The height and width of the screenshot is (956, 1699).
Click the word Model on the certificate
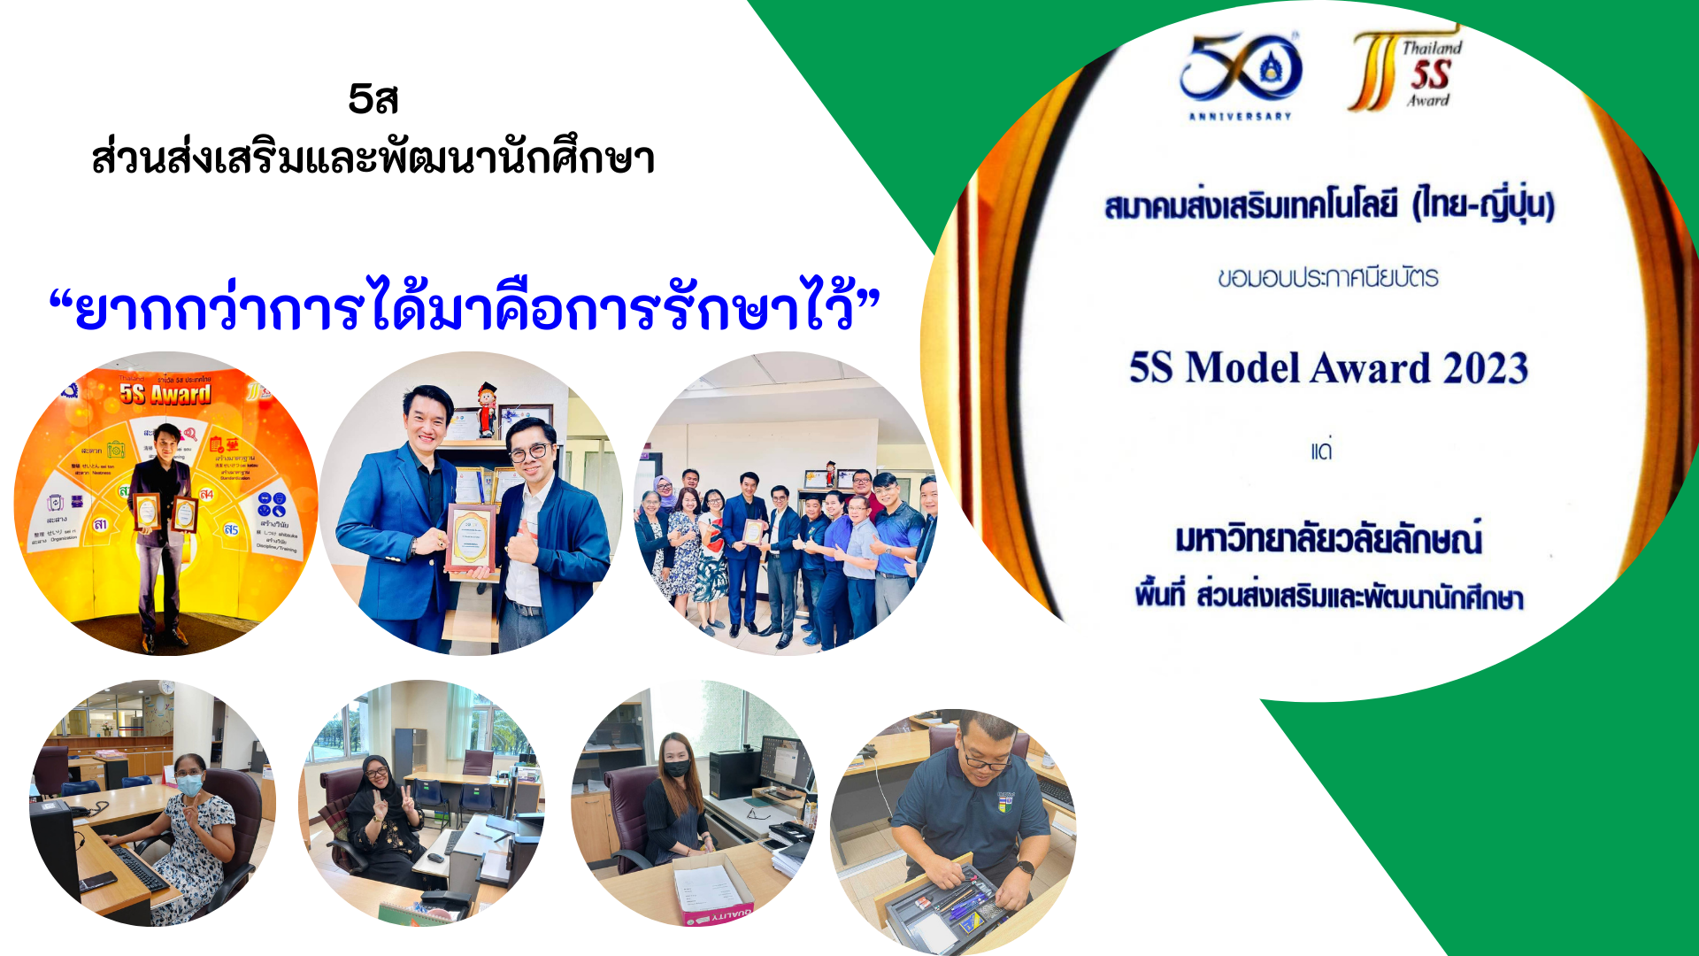coord(1243,368)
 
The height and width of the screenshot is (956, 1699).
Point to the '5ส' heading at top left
coord(373,99)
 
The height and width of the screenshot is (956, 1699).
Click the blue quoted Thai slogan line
coord(465,309)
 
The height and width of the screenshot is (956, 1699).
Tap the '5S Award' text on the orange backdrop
coord(165,394)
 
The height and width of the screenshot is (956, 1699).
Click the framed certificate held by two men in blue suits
coord(469,536)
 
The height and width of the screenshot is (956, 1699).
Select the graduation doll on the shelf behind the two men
coord(487,409)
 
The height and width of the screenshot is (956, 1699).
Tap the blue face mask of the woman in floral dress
coord(189,785)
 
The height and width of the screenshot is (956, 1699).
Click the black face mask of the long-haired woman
coord(677,768)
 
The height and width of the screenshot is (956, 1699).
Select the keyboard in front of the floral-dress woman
coord(139,867)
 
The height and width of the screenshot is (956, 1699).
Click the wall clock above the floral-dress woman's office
coord(165,687)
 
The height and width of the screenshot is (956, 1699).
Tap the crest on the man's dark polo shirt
coord(1006,801)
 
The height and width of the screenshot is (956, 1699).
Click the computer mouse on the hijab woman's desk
coord(434,857)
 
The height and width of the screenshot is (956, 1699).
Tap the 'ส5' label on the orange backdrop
coord(231,529)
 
